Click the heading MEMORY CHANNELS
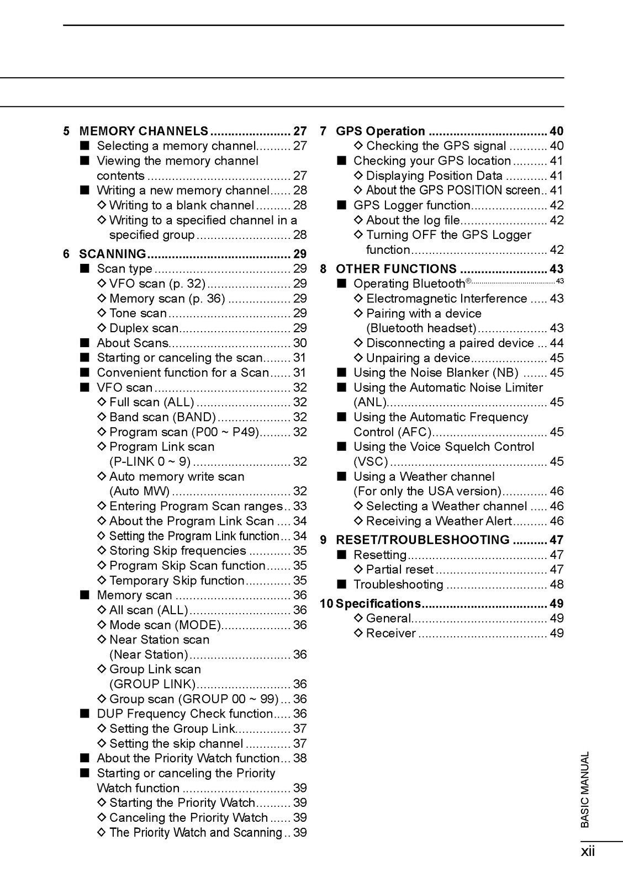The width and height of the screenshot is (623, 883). tap(144, 131)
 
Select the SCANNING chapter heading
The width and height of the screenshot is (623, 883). tap(113, 254)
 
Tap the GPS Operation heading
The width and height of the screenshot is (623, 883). tap(381, 131)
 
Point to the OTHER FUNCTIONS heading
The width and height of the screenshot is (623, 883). tap(396, 269)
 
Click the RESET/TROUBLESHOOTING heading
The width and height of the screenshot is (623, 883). tap(423, 540)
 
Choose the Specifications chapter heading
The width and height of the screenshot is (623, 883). tap(378, 604)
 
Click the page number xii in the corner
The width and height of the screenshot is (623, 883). tap(588, 852)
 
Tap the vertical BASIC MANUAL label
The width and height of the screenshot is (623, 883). tap(585, 789)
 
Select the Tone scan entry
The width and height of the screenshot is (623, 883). tap(138, 313)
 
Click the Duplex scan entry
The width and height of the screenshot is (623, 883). tap(144, 328)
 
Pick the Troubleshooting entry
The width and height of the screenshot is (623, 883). tap(398, 584)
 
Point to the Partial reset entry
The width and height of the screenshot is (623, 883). tap(400, 570)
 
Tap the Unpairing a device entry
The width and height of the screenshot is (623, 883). tap(418, 358)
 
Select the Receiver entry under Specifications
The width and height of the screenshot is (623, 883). tap(390, 633)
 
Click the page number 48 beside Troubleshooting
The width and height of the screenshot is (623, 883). tap(557, 584)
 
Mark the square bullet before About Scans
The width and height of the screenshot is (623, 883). tap(84, 343)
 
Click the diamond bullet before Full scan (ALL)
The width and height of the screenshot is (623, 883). tap(102, 402)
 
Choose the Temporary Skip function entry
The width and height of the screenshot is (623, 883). tap(177, 581)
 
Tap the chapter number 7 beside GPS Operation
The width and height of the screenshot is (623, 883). tap(324, 131)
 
